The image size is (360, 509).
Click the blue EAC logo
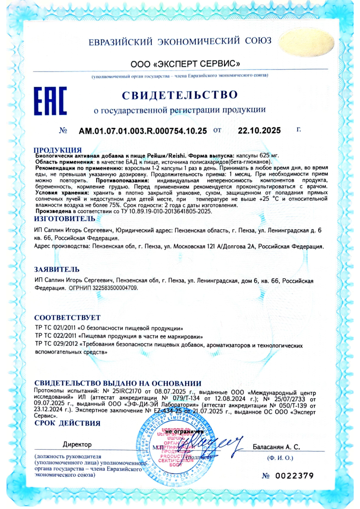click(x=51, y=102)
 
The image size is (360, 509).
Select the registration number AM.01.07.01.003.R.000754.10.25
click(x=143, y=131)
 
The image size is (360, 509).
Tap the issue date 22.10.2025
click(x=259, y=131)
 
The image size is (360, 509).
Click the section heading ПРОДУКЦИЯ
click(x=58, y=150)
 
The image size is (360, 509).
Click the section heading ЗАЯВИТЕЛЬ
click(x=53, y=269)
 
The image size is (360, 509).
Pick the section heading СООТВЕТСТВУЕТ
click(x=67, y=317)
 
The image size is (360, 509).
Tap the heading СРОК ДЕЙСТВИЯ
click(x=67, y=423)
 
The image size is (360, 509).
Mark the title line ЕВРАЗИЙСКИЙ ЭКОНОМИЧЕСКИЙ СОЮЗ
click(x=180, y=41)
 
